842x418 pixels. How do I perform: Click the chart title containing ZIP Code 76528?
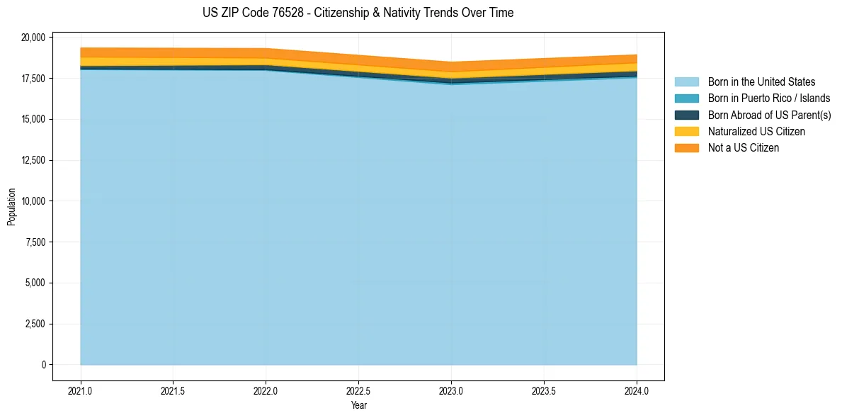(x=358, y=13)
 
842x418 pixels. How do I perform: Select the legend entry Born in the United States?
(x=761, y=82)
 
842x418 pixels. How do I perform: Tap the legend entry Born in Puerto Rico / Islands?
(x=769, y=98)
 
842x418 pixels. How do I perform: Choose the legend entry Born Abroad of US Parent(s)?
(x=769, y=115)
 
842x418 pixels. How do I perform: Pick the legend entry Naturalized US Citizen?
(x=756, y=132)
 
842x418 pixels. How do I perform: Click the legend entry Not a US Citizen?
(x=743, y=148)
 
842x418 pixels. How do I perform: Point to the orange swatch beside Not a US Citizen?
(x=686, y=148)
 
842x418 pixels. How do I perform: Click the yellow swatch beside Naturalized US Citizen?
(x=686, y=132)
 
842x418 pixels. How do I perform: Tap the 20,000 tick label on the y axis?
(x=33, y=37)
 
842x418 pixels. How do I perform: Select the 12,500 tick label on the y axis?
(x=33, y=160)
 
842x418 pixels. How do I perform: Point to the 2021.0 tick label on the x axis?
(x=81, y=390)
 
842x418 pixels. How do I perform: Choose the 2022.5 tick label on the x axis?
(x=358, y=390)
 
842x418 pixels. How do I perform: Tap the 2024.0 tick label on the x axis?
(x=637, y=390)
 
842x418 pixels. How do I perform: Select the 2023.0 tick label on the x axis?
(x=451, y=390)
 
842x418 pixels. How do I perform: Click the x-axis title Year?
(x=358, y=406)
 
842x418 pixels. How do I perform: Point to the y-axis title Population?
(x=11, y=207)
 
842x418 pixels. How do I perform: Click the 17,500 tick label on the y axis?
(x=33, y=78)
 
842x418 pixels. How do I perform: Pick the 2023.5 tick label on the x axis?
(x=544, y=390)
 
